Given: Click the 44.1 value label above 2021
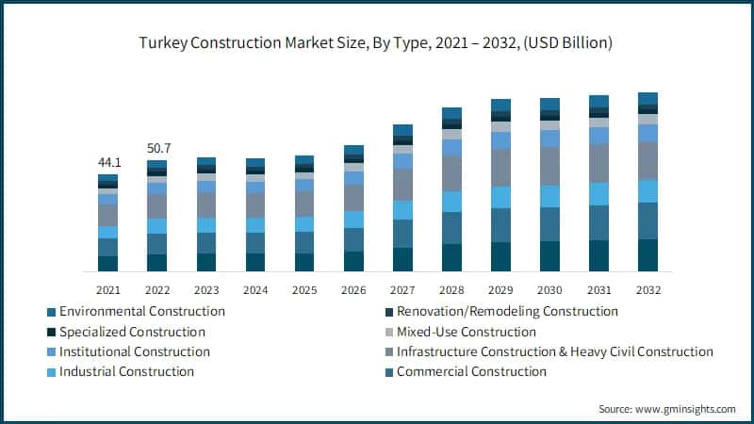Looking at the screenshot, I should coord(107,163).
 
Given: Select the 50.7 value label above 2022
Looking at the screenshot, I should coord(156,149).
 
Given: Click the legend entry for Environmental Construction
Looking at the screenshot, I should coord(141,311).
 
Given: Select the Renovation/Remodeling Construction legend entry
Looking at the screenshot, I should coord(506,311).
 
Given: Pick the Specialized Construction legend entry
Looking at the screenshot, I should coord(132,332).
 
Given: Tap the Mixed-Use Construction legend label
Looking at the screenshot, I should coord(466,332).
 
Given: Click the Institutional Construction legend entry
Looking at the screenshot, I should coord(134,351).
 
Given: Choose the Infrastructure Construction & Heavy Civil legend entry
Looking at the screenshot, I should coord(554,351).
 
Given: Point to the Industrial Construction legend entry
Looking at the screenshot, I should coord(126,371).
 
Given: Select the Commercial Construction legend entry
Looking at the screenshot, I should coord(470,371).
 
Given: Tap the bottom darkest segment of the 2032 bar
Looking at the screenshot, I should coord(647,255).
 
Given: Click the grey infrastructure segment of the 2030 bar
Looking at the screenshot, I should coord(549,166).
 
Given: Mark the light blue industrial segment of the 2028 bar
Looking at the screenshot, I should coord(451,202).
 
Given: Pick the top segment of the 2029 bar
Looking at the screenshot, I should coord(500,105).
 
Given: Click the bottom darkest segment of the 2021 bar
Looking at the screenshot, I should coord(107,264).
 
